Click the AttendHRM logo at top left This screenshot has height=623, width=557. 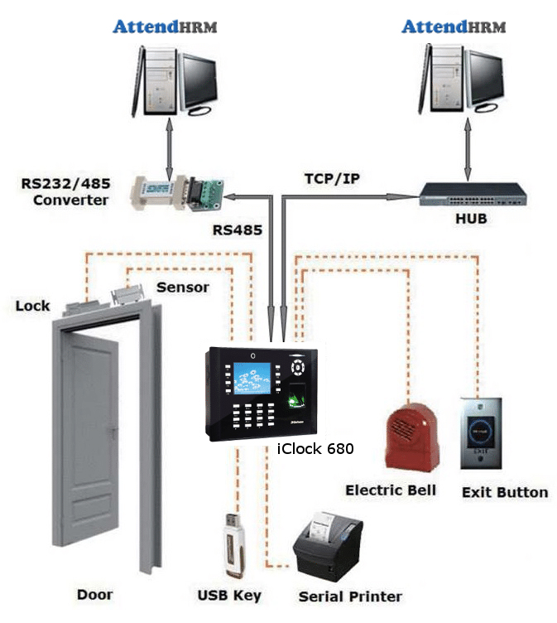165,27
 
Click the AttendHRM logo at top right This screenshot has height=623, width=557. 453,27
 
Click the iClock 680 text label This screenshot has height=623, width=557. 315,448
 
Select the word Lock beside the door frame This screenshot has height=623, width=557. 32,306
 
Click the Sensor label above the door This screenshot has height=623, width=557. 182,287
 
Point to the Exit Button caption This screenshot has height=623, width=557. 504,492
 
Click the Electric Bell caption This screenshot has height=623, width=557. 390,490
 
